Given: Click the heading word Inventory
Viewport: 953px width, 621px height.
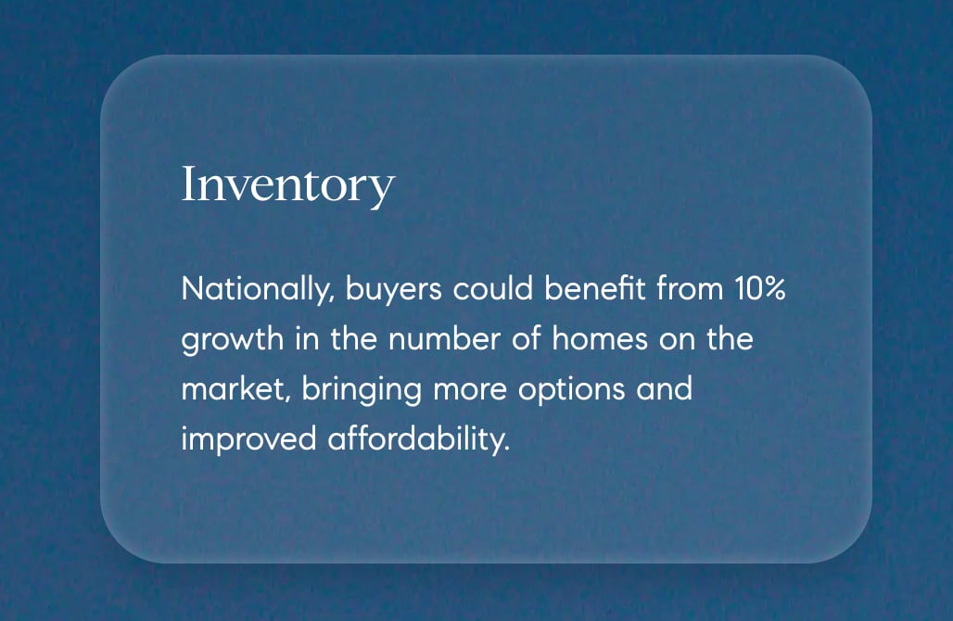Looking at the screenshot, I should click(287, 185).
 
